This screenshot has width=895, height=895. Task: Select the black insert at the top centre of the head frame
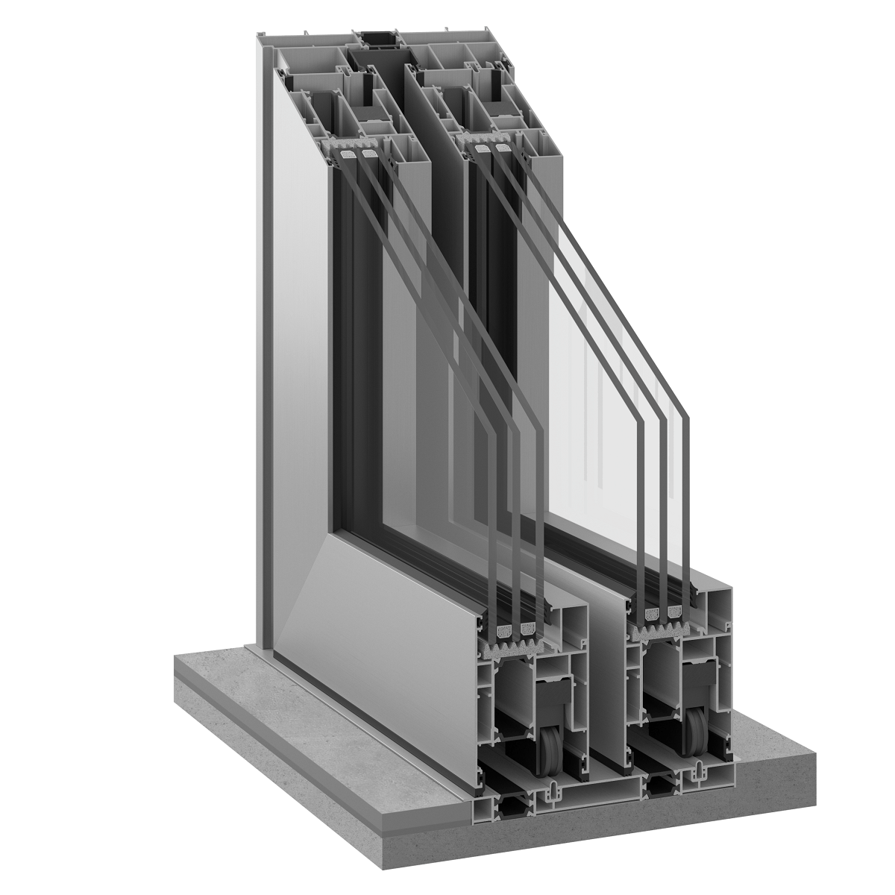tap(378, 39)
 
